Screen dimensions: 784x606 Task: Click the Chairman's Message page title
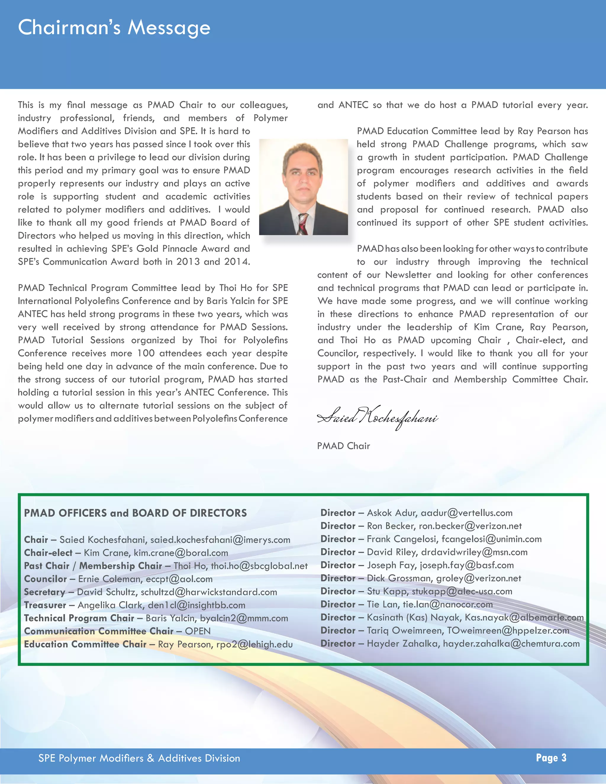[114, 28]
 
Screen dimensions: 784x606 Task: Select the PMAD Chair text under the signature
[343, 446]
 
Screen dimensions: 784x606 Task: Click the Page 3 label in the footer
[551, 757]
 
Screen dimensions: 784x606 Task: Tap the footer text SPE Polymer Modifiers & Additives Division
[139, 758]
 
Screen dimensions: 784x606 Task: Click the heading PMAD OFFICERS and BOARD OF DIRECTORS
[135, 513]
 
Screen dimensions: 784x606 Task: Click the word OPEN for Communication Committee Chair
[198, 631]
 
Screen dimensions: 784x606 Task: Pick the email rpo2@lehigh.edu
[254, 644]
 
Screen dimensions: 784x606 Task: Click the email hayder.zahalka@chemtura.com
[511, 644]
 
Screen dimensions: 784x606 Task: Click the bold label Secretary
[44, 592]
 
